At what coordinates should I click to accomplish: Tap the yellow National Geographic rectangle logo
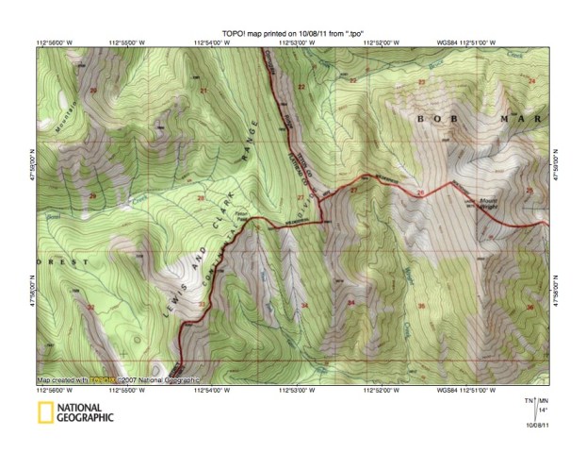point(44,411)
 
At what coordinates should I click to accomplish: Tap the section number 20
point(93,91)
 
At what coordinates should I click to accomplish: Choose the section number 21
point(203,91)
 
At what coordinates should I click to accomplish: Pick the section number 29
point(92,196)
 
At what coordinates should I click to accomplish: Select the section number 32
point(90,308)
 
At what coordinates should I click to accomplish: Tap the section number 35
point(420,306)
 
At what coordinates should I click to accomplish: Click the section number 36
point(530,307)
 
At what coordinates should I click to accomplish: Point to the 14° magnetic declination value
point(542,411)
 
